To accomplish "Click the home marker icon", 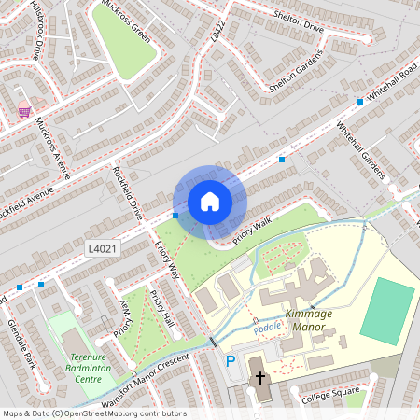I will tap(210, 202).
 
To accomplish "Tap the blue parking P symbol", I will tap(231, 361).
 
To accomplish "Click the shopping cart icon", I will tap(24, 111).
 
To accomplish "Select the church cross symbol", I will tap(259, 378).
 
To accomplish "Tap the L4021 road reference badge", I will tap(102, 249).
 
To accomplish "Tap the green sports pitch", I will tap(386, 311).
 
